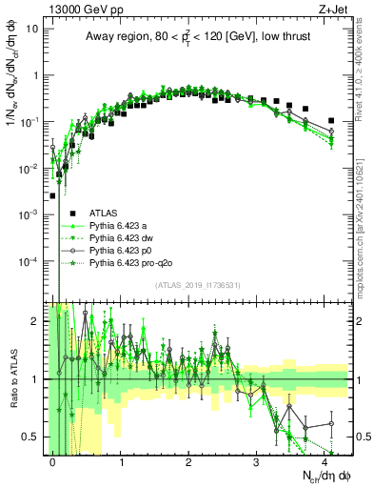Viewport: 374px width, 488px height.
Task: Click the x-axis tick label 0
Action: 52,461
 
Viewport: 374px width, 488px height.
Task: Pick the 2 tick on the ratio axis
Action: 37,321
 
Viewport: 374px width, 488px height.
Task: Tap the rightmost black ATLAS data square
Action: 330,121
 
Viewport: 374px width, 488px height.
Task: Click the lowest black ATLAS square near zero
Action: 52,195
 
